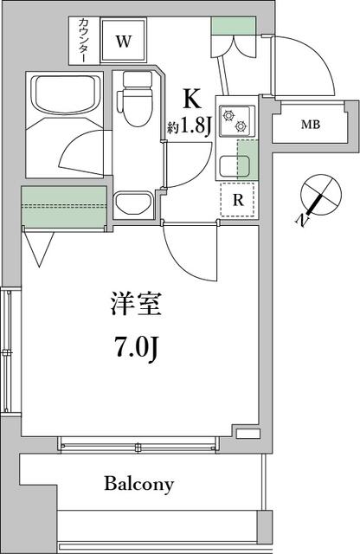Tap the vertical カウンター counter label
83,40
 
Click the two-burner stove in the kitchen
235,119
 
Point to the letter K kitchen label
191,97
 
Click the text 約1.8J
190,127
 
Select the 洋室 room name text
136,305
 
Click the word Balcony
139,483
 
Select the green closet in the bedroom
65,207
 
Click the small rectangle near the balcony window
247,433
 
